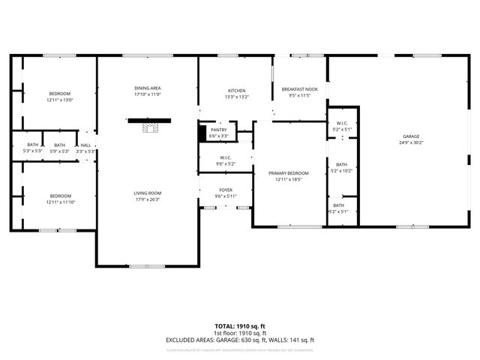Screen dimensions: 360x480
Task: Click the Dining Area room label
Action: click(x=148, y=88)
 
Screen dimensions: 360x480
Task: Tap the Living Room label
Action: click(x=148, y=193)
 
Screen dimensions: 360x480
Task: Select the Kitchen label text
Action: click(x=236, y=90)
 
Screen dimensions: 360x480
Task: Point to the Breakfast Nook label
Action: click(x=300, y=89)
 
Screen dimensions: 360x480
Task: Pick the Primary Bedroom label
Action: click(x=289, y=173)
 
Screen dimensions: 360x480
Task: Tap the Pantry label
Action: click(x=218, y=130)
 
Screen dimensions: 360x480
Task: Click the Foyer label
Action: click(x=226, y=190)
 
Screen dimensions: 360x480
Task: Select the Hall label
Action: click(x=85, y=145)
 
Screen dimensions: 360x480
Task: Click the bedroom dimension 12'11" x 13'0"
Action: click(x=59, y=100)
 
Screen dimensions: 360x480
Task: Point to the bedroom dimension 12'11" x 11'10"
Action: click(x=60, y=202)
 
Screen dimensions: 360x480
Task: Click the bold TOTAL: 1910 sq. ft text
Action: click(x=239, y=326)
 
